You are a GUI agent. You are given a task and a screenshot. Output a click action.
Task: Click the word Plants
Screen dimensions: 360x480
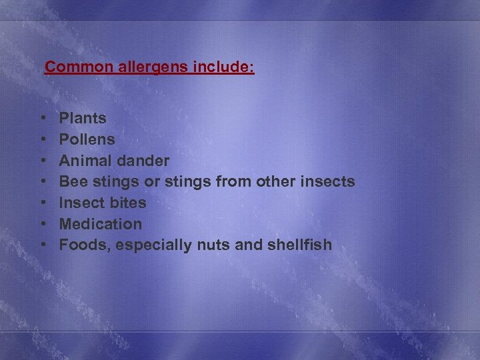click(x=83, y=119)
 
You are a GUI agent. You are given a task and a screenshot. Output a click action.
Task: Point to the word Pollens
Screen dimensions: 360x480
click(x=87, y=140)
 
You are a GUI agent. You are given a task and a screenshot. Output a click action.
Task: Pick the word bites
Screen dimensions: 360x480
click(x=127, y=203)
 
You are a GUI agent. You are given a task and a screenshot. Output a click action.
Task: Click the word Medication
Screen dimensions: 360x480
click(x=101, y=224)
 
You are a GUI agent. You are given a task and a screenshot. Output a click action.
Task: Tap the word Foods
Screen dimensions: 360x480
click(x=84, y=245)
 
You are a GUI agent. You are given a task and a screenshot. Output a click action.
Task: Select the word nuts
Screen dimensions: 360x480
click(x=211, y=245)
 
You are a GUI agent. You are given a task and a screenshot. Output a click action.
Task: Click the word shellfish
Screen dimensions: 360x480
click(x=299, y=245)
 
